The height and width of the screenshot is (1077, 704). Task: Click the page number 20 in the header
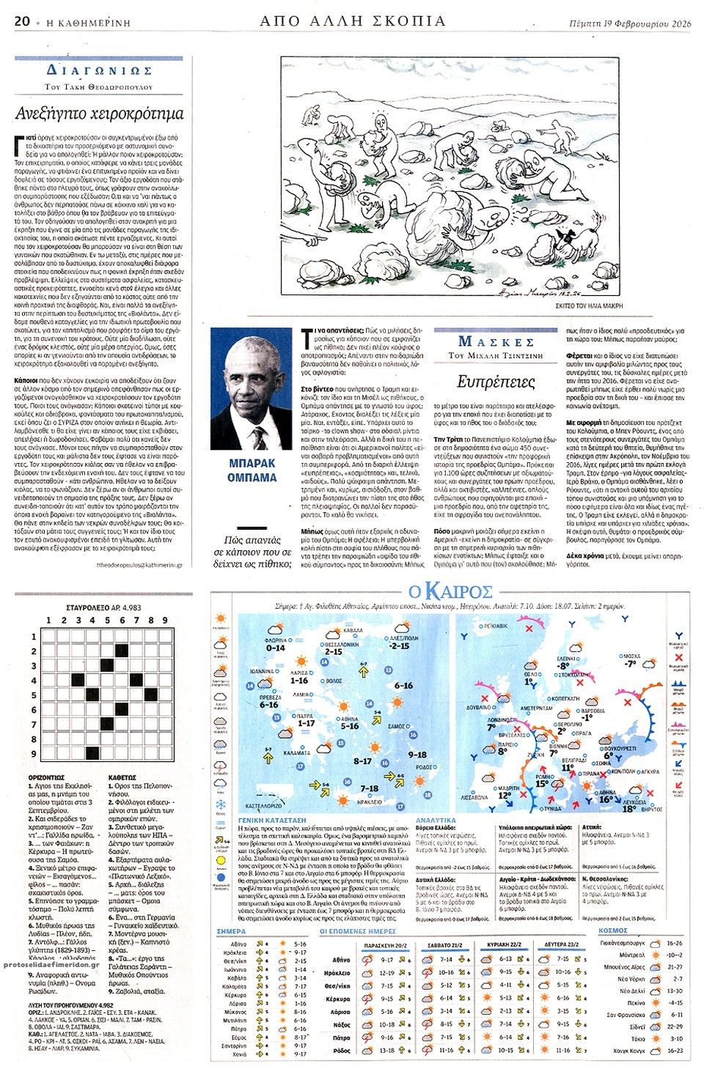[21, 21]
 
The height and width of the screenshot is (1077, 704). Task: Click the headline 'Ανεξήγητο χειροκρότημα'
[100, 114]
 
